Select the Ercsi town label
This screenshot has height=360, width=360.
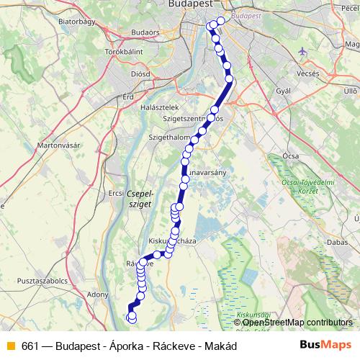point(116,192)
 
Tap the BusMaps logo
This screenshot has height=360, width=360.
point(325,344)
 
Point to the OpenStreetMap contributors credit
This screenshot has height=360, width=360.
point(297,323)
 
